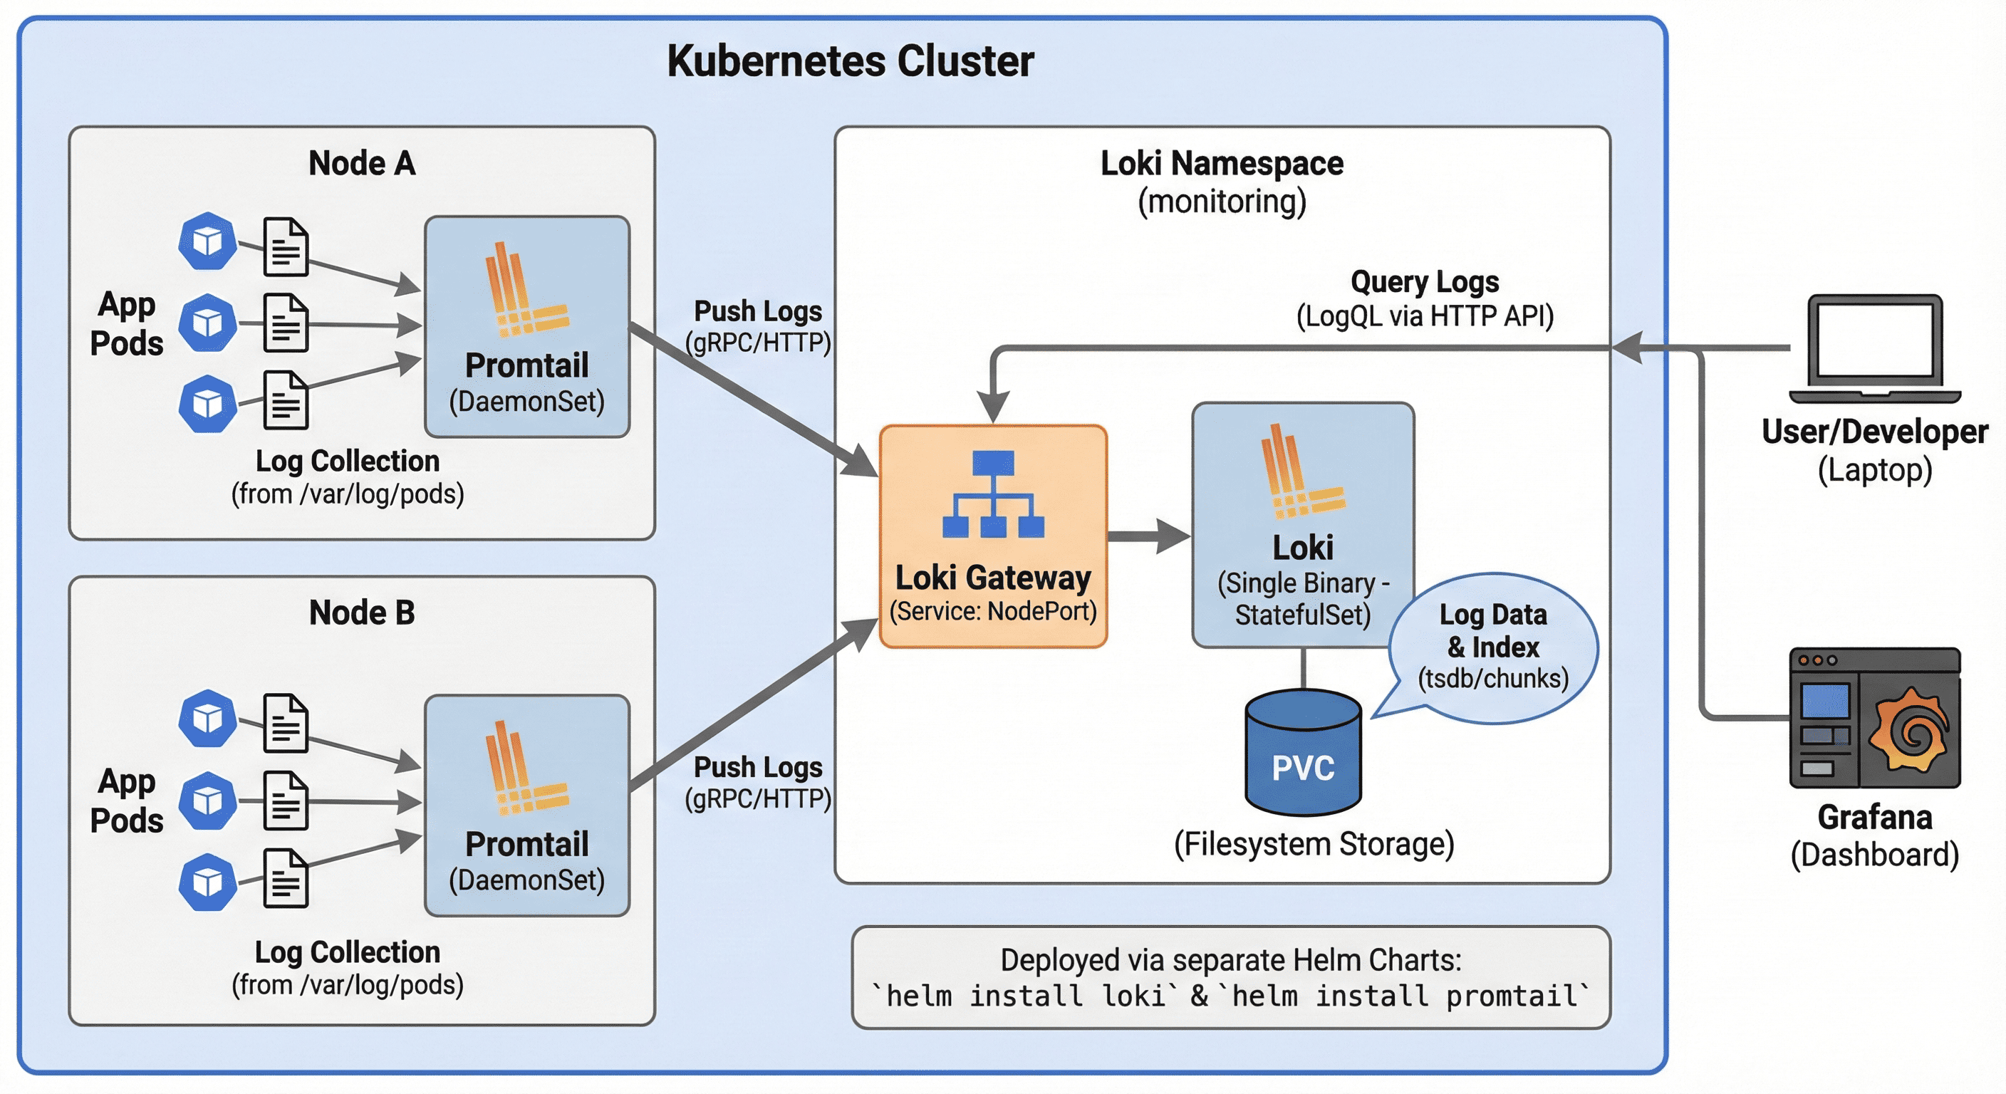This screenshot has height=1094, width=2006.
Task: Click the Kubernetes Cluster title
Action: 850,61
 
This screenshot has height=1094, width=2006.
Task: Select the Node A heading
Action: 361,164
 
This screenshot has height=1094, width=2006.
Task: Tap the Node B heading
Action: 361,613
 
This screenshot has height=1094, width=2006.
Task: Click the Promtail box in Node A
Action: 527,326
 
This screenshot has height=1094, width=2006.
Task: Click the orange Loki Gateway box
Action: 993,536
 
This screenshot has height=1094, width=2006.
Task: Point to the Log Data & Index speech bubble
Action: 1493,647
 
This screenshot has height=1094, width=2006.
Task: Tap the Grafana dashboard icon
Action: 1874,718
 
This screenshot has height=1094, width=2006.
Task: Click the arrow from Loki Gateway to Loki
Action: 1148,536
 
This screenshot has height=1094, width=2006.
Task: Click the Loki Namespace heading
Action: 1221,164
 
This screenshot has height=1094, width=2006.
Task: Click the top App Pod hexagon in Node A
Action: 207,241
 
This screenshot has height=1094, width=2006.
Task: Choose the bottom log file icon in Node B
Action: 286,879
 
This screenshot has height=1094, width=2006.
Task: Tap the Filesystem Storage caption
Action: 1314,844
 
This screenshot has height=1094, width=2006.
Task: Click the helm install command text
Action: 1230,996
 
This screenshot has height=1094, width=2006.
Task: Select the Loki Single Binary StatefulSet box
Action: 1303,525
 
